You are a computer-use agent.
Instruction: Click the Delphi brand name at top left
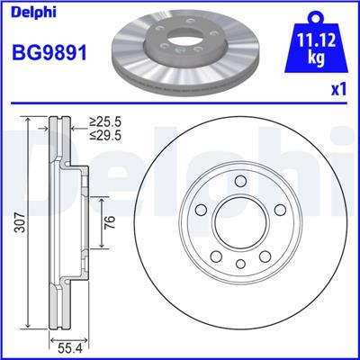point(33,12)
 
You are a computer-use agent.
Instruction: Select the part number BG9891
point(49,52)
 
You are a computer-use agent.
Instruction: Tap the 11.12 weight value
point(316,40)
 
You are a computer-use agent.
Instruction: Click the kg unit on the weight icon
point(316,58)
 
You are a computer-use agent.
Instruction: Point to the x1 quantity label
point(338,90)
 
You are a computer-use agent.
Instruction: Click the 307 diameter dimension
point(21,222)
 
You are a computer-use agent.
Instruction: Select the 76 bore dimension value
point(110,222)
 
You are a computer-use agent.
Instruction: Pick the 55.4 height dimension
point(69,349)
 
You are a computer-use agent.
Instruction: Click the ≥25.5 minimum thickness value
point(105,122)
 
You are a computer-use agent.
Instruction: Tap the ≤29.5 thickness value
point(105,136)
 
